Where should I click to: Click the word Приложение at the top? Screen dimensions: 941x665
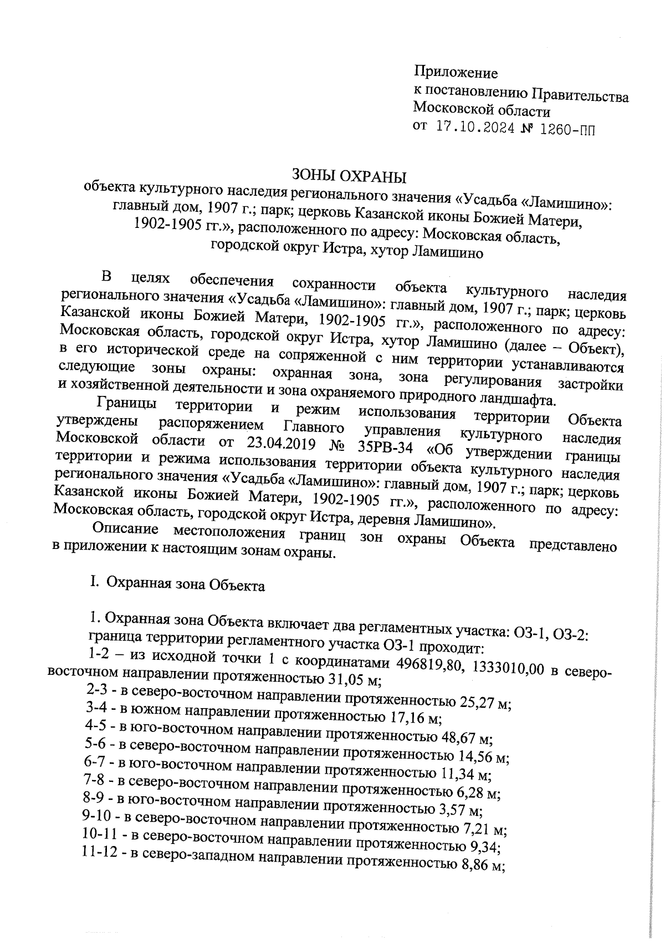point(456,73)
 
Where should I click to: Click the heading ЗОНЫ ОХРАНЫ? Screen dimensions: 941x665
point(349,177)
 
